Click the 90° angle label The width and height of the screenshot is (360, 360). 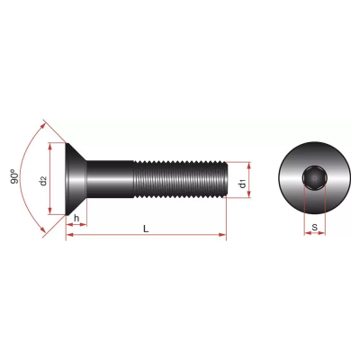13,177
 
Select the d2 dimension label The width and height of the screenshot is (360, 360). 43,181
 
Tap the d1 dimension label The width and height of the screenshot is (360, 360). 242,184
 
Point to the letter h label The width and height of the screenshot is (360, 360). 76,218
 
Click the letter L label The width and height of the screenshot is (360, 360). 146,229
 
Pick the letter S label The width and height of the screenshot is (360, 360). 314,228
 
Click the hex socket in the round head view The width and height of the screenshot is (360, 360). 314,178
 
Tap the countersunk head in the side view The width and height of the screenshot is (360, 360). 76,179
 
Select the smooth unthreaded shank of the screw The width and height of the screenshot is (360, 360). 110,179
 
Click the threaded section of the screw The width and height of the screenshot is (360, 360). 180,179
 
